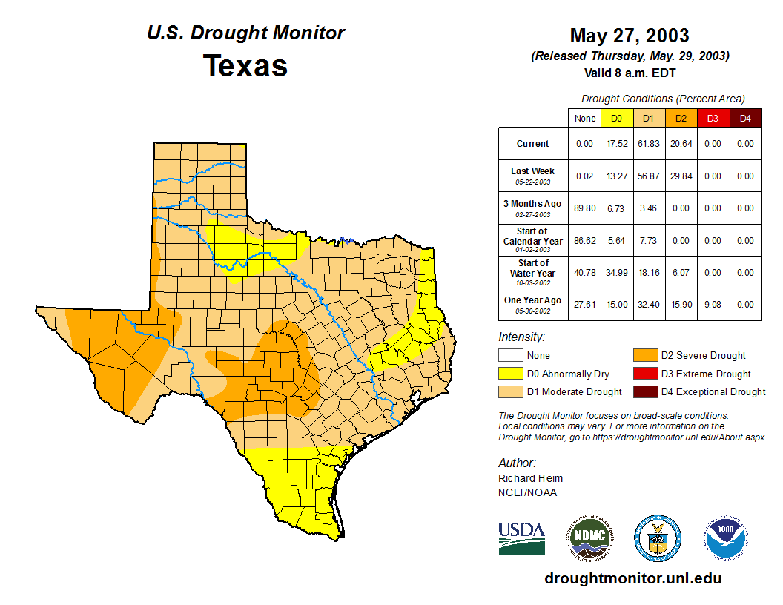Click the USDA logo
pyautogui.click(x=521, y=538)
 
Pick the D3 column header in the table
pyautogui.click(x=713, y=118)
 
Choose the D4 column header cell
pyautogui.click(x=745, y=118)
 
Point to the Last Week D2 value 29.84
pyautogui.click(x=681, y=176)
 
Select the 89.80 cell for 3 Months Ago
pyautogui.click(x=585, y=208)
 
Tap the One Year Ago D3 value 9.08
pyautogui.click(x=713, y=305)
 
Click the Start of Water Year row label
pyautogui.click(x=533, y=272)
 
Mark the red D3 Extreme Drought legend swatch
pyautogui.click(x=644, y=374)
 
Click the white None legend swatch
pyautogui.click(x=512, y=356)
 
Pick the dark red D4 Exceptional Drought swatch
pyautogui.click(x=644, y=391)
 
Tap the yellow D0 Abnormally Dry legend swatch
pyautogui.click(x=512, y=374)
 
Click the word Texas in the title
pyautogui.click(x=245, y=65)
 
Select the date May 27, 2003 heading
pyautogui.click(x=629, y=36)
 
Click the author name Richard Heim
pyautogui.click(x=530, y=478)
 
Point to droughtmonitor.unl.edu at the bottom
pyautogui.click(x=632, y=578)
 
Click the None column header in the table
pyautogui.click(x=585, y=118)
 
